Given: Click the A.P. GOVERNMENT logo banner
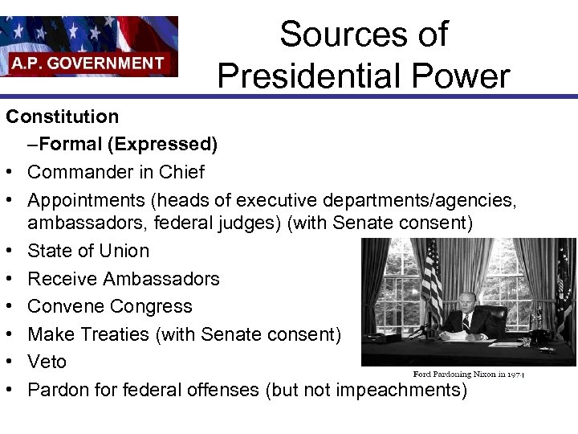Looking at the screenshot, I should point(88,46).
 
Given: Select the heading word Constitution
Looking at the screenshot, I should point(63,117).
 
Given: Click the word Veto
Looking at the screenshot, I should point(47,362).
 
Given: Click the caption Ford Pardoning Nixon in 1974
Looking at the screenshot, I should point(468,375).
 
